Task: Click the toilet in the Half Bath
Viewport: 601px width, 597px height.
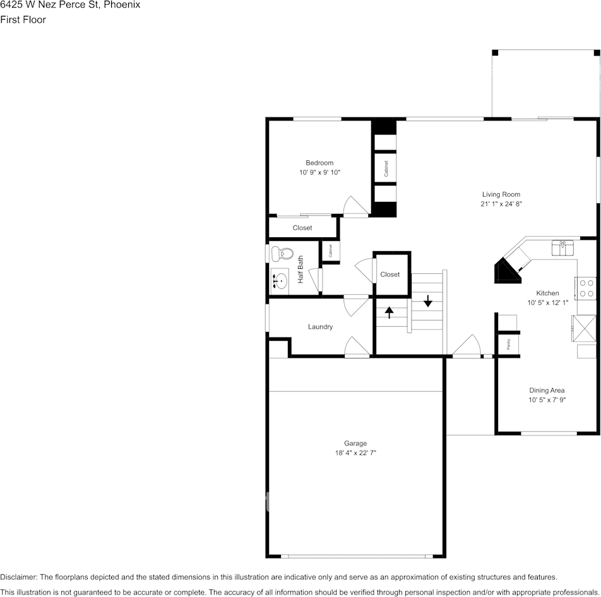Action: [x=282, y=253]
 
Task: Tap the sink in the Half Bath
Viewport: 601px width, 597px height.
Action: [x=280, y=281]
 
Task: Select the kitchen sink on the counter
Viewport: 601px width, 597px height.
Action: [x=562, y=247]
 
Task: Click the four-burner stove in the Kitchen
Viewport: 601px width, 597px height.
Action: [x=586, y=288]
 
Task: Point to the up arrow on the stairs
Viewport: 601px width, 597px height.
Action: [x=389, y=312]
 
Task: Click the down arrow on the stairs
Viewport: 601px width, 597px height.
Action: [x=428, y=301]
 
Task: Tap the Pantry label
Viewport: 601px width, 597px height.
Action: [x=509, y=344]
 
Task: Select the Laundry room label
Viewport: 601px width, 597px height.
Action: [x=320, y=327]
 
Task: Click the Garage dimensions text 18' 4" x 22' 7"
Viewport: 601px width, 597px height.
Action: [x=355, y=453]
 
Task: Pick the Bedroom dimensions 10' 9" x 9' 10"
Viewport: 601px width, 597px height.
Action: [x=319, y=172]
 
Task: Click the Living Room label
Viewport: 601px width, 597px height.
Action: [x=501, y=194]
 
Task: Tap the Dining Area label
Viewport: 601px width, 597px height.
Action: [x=547, y=391]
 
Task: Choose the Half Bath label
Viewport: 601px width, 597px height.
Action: [x=300, y=269]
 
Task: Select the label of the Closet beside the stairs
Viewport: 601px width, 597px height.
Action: [x=390, y=275]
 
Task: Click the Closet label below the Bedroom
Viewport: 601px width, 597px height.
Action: [x=302, y=228]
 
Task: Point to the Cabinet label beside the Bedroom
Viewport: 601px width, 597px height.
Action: [x=386, y=168]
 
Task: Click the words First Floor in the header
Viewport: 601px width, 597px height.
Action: [x=23, y=20]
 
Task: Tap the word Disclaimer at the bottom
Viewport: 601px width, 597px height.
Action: [x=19, y=577]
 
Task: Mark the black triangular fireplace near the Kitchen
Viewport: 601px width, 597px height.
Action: [x=506, y=273]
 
